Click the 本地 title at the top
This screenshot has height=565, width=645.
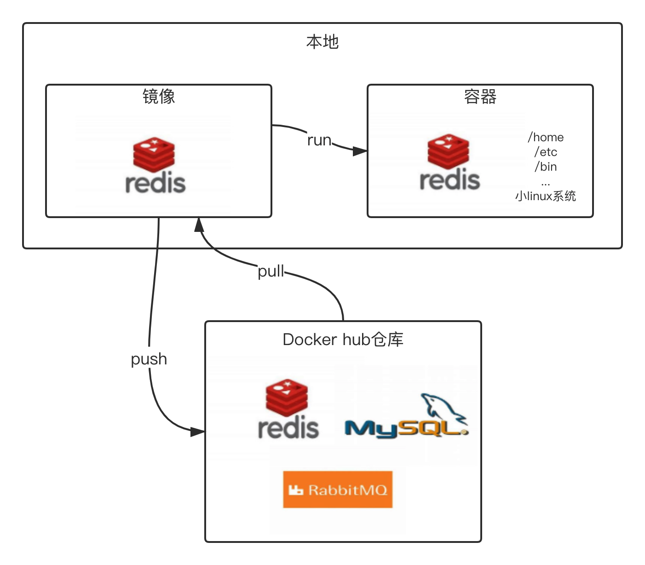(322, 42)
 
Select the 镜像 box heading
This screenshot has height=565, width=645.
(159, 97)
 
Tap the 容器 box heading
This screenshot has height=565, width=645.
(480, 97)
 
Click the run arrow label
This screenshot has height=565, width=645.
(319, 140)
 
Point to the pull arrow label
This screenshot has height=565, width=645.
(271, 271)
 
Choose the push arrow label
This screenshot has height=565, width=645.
(149, 359)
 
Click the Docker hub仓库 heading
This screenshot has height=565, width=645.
(343, 340)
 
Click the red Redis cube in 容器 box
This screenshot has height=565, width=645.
(449, 151)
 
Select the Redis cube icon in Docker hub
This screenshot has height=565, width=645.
(287, 397)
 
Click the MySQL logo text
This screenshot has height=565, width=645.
(405, 429)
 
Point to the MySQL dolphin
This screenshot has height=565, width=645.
(442, 407)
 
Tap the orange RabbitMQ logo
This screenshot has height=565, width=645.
(338, 490)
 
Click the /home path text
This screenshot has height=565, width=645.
(546, 137)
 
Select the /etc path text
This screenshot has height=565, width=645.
(546, 152)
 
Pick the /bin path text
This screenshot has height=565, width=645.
(546, 167)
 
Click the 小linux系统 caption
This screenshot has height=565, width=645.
(546, 196)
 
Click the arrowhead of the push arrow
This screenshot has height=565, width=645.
(198, 432)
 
